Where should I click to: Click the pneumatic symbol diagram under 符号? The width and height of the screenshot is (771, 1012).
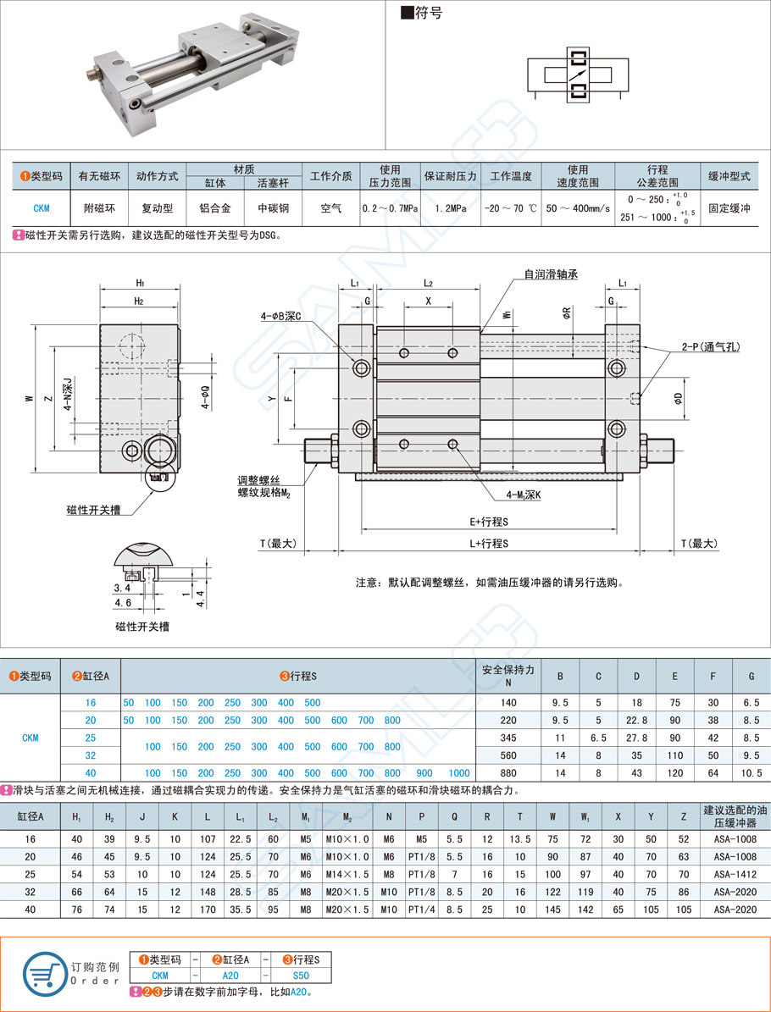pos(580,75)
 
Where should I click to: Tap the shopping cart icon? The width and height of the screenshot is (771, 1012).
pos(42,974)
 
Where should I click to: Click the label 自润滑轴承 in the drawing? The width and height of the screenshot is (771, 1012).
pos(551,274)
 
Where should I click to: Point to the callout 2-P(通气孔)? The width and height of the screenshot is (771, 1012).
pos(709,346)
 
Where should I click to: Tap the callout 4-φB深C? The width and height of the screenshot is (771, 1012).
pos(281,316)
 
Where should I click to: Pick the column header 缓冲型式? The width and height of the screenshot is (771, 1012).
pos(729,176)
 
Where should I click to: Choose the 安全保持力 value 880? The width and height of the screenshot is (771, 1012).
pos(508,772)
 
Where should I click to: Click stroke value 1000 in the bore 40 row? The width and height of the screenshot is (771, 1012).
pos(458,772)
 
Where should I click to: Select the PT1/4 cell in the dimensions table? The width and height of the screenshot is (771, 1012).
pos(421,910)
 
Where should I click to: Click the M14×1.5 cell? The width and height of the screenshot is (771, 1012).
pos(348,875)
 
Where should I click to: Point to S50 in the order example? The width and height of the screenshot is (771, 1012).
pos(301,975)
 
